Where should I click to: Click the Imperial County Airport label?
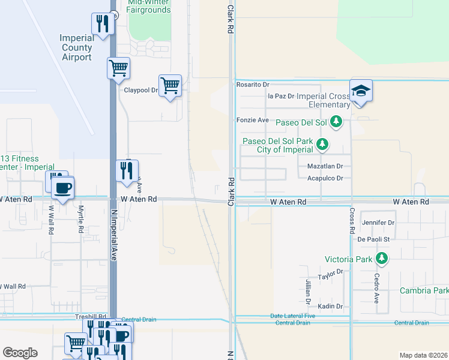click(x=76, y=47)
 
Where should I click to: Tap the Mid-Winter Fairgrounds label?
click(x=149, y=6)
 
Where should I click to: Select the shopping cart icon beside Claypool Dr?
click(x=170, y=86)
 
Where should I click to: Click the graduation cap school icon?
click(x=361, y=91)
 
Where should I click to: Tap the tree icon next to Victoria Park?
click(x=381, y=259)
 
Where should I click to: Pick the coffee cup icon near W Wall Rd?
click(x=62, y=187)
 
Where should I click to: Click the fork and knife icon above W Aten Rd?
click(x=127, y=171)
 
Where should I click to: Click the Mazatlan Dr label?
click(x=325, y=166)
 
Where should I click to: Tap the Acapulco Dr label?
click(x=325, y=178)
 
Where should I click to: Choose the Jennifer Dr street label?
click(x=378, y=223)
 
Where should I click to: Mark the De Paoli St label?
click(x=374, y=239)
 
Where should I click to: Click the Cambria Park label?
click(x=424, y=290)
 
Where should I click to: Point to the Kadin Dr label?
click(x=330, y=306)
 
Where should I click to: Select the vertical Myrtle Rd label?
click(x=80, y=220)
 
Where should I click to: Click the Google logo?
click(x=20, y=353)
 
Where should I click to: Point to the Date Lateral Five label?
click(x=292, y=316)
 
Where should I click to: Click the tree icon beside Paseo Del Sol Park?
click(x=323, y=144)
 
